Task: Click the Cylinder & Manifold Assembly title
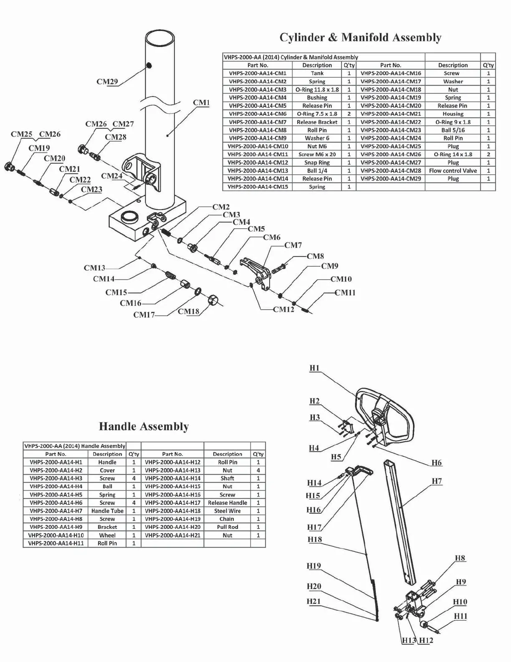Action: [360, 38]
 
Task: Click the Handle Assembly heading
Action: [144, 426]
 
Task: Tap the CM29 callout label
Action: [107, 81]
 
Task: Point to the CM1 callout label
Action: [201, 102]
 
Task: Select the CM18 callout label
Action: [188, 311]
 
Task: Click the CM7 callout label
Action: [293, 245]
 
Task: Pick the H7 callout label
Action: [436, 481]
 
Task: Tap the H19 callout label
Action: [314, 566]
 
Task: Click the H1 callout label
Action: [314, 368]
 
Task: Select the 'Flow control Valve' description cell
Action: [453, 171]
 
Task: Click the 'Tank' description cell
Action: [317, 73]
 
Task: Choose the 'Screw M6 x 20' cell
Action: [317, 154]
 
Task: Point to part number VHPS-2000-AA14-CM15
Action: [258, 187]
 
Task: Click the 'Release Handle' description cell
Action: [227, 503]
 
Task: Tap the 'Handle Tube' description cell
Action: [107, 511]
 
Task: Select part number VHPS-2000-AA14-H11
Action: [56, 543]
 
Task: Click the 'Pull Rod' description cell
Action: [227, 527]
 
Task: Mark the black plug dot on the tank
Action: [149, 65]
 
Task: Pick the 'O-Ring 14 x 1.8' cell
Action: [453, 154]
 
